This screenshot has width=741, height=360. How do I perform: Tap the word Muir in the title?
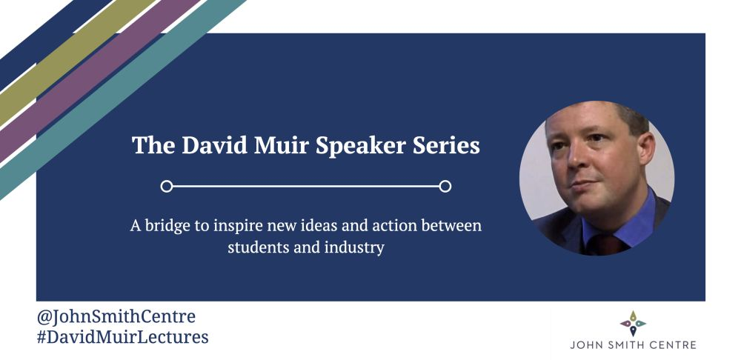point(282,144)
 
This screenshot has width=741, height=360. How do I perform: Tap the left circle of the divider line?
point(166,186)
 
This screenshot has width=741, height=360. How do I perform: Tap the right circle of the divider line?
point(445,186)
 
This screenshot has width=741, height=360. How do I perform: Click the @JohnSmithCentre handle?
point(116,316)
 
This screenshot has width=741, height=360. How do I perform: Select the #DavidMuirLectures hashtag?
point(123,337)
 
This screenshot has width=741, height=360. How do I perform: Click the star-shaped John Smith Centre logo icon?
point(633,323)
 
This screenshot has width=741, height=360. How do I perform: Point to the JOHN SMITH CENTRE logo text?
point(633,345)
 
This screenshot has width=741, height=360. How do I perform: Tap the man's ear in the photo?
point(646,147)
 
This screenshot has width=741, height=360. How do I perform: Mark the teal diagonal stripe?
point(122,100)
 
